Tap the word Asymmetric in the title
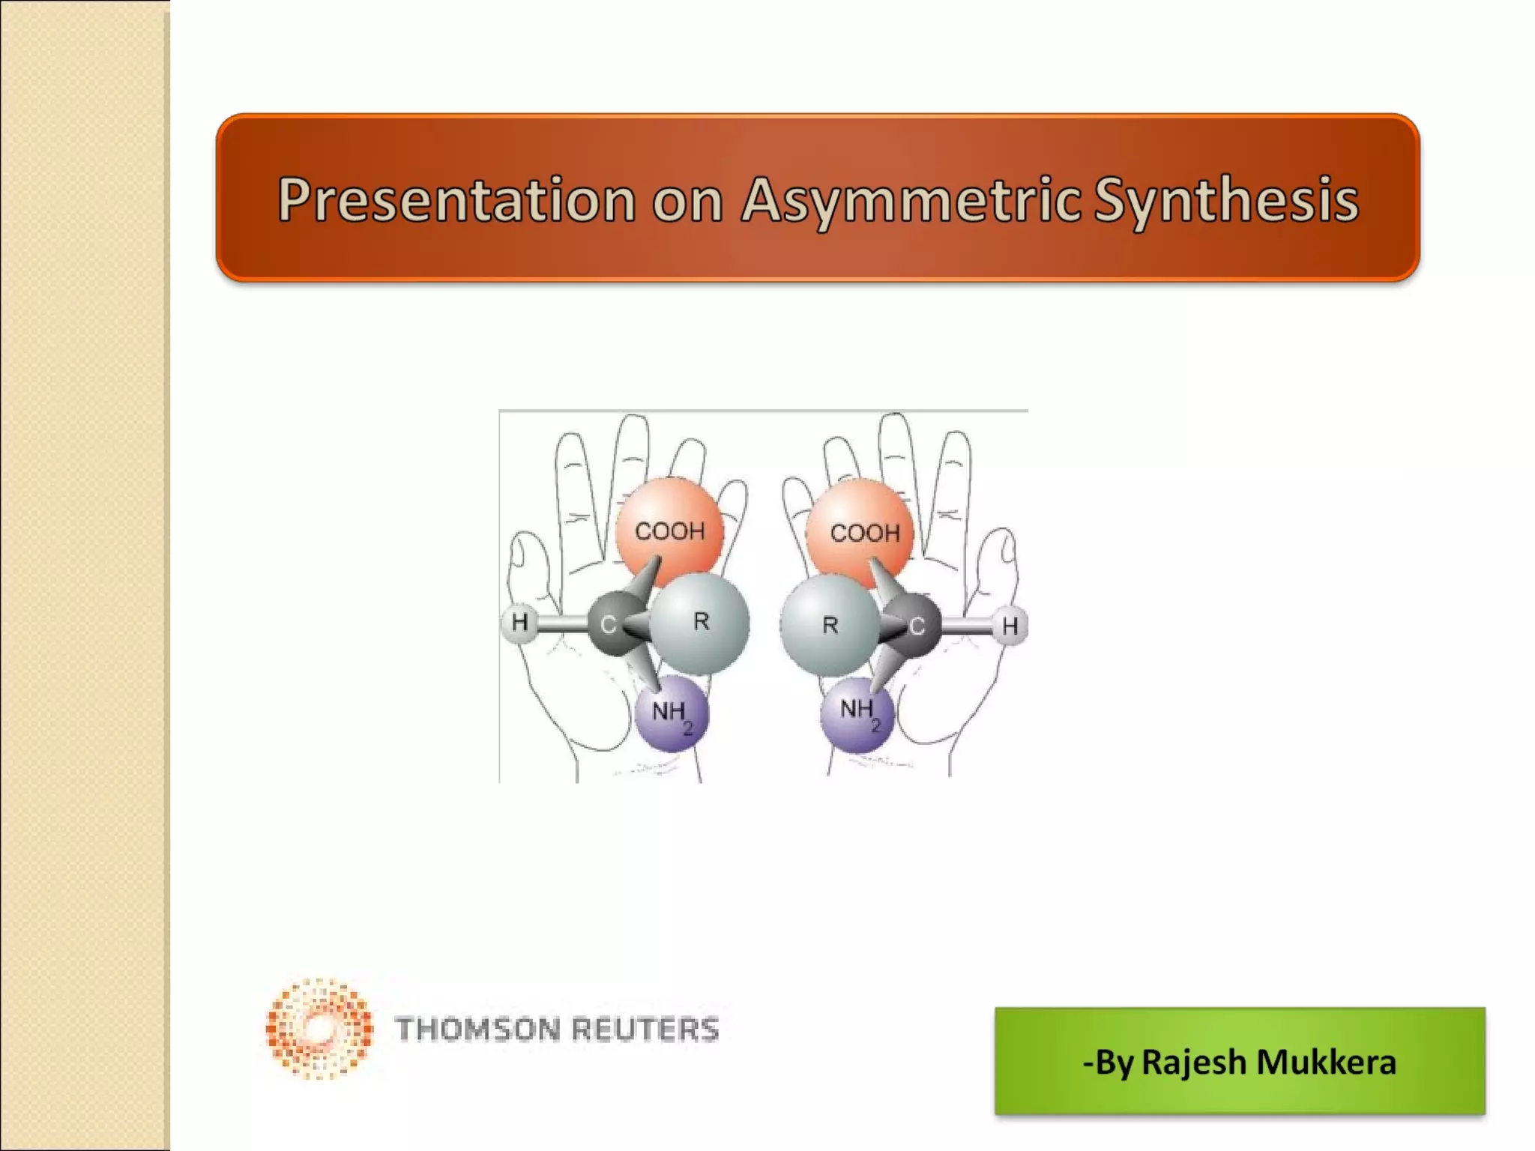(911, 201)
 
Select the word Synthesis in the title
(1225, 201)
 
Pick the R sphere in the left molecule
(700, 623)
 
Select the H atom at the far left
(519, 622)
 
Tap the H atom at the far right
(1010, 626)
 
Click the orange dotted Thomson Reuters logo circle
(319, 1028)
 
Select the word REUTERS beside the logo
(645, 1030)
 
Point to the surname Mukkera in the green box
(1326, 1063)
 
